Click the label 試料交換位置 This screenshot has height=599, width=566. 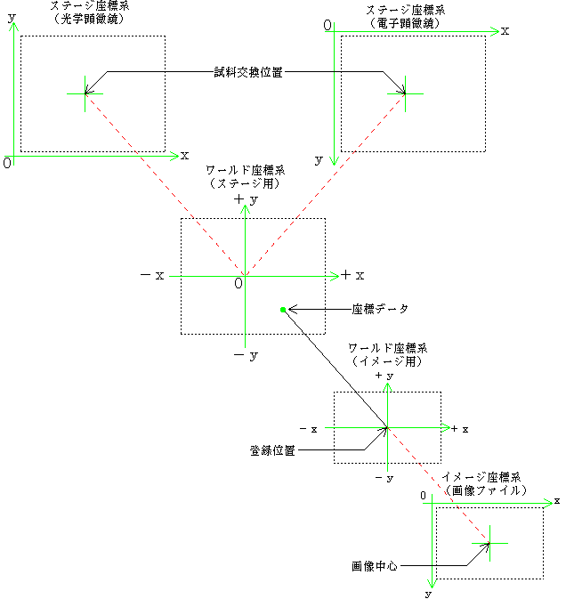pyautogui.click(x=248, y=72)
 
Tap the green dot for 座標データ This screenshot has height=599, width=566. pyautogui.click(x=283, y=310)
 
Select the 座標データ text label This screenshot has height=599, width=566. pyautogui.click(x=380, y=309)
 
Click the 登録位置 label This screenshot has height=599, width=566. pyautogui.click(x=272, y=450)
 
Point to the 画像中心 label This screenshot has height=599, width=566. pyautogui.click(x=375, y=566)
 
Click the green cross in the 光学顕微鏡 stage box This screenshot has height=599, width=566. pyautogui.click(x=85, y=93)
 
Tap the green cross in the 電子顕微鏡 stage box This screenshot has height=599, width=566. pyautogui.click(x=405, y=93)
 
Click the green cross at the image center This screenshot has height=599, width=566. pyautogui.click(x=489, y=543)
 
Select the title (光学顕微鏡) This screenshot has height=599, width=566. pyautogui.click(x=89, y=19)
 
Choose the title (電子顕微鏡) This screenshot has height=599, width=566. pyautogui.click(x=406, y=24)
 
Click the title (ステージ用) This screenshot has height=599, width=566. pyautogui.click(x=246, y=183)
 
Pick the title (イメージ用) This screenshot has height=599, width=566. pyautogui.click(x=387, y=361)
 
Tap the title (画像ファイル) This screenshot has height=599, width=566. pyautogui.click(x=486, y=490)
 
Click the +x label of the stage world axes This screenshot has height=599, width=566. pyautogui.click(x=352, y=275)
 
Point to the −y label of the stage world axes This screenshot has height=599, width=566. pyautogui.click(x=246, y=356)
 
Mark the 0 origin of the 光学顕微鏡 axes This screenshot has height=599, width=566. pyautogui.click(x=7, y=163)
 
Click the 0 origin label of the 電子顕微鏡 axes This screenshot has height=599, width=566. pyautogui.click(x=327, y=25)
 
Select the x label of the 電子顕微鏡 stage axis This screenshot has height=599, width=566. pyautogui.click(x=505, y=31)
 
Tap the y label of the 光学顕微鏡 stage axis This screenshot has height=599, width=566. pyautogui.click(x=12, y=18)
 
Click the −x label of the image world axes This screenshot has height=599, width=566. pyautogui.click(x=309, y=429)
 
